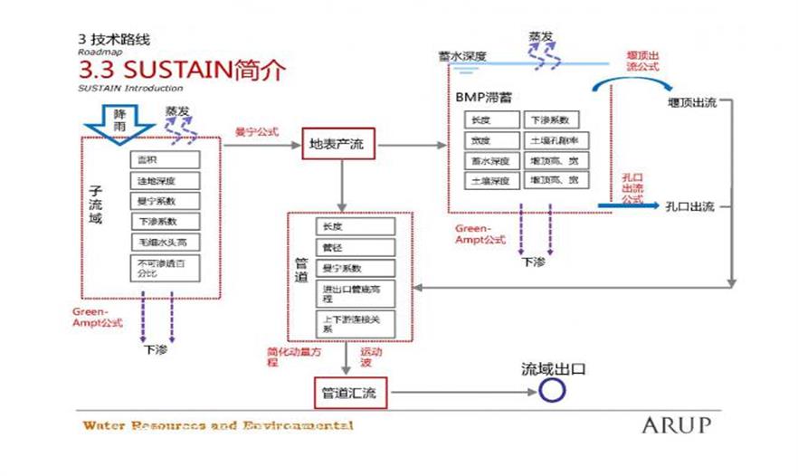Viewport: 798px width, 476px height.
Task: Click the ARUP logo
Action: click(676, 424)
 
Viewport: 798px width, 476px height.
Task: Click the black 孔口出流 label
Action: click(689, 206)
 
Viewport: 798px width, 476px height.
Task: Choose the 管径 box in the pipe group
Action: click(354, 247)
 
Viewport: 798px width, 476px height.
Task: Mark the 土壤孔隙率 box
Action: click(556, 140)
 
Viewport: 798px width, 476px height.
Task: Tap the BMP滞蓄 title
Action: click(482, 97)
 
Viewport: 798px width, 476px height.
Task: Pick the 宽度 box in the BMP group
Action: click(491, 140)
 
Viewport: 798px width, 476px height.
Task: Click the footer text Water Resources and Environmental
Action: click(217, 425)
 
